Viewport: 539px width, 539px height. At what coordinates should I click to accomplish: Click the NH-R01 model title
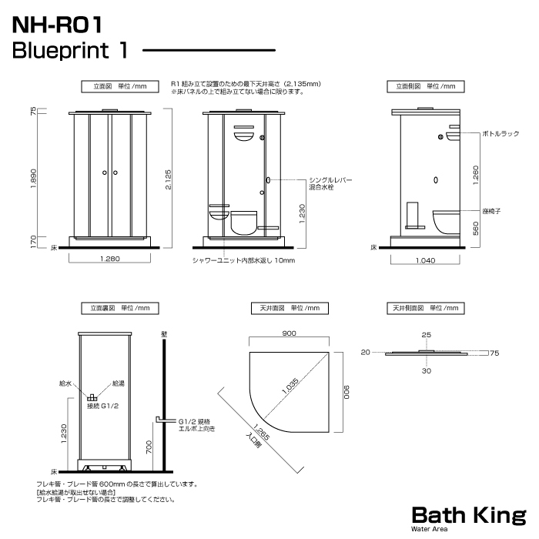click(58, 25)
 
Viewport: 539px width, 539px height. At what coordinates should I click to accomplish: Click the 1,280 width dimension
click(110, 259)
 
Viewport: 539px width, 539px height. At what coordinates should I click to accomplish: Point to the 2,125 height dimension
click(168, 179)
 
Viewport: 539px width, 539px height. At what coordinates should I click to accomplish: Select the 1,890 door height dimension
click(33, 178)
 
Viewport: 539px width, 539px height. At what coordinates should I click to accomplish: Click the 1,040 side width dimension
click(426, 260)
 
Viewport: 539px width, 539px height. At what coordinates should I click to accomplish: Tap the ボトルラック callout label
click(500, 134)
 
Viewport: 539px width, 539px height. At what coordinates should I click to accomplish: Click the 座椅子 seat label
click(491, 211)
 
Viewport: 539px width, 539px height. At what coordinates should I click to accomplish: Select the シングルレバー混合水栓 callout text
click(330, 183)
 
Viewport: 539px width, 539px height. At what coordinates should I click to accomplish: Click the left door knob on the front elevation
click(105, 172)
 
